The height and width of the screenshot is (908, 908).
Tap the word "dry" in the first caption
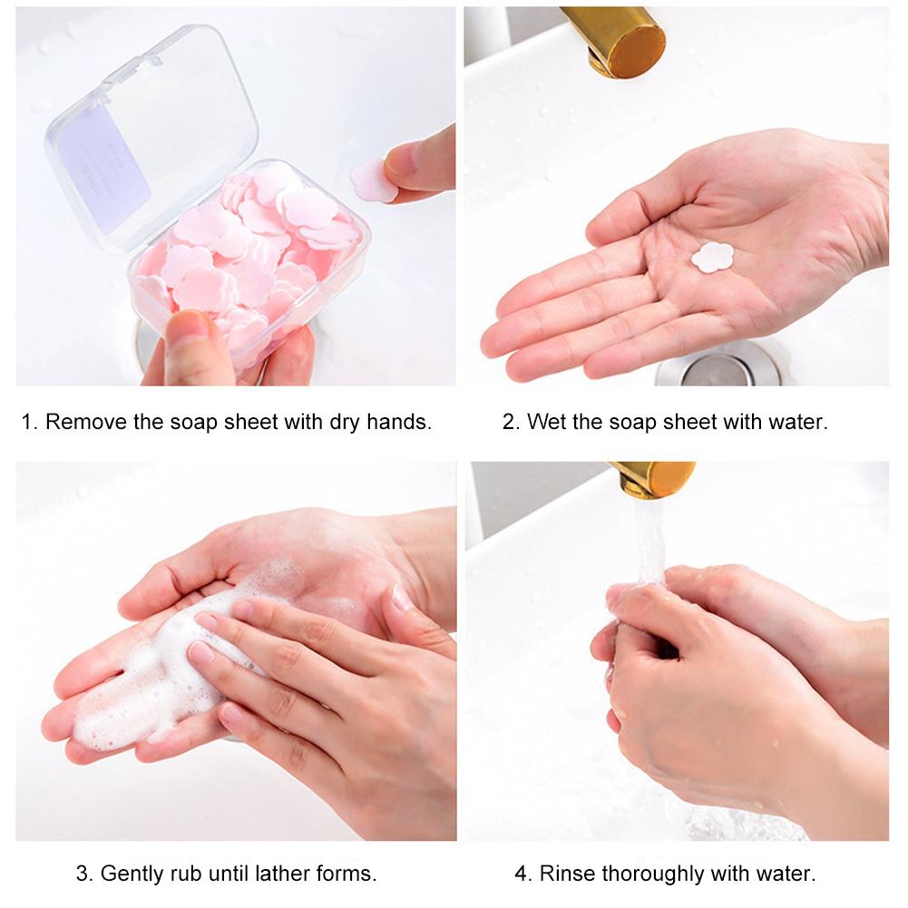[x=345, y=423]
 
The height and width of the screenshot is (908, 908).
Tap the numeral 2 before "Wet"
[x=509, y=422]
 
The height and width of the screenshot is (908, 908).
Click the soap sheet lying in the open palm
[x=712, y=257]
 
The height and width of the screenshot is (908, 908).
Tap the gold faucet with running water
[x=654, y=480]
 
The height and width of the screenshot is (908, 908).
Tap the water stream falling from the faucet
[x=650, y=542]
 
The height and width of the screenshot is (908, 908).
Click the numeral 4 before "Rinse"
[x=521, y=874]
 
